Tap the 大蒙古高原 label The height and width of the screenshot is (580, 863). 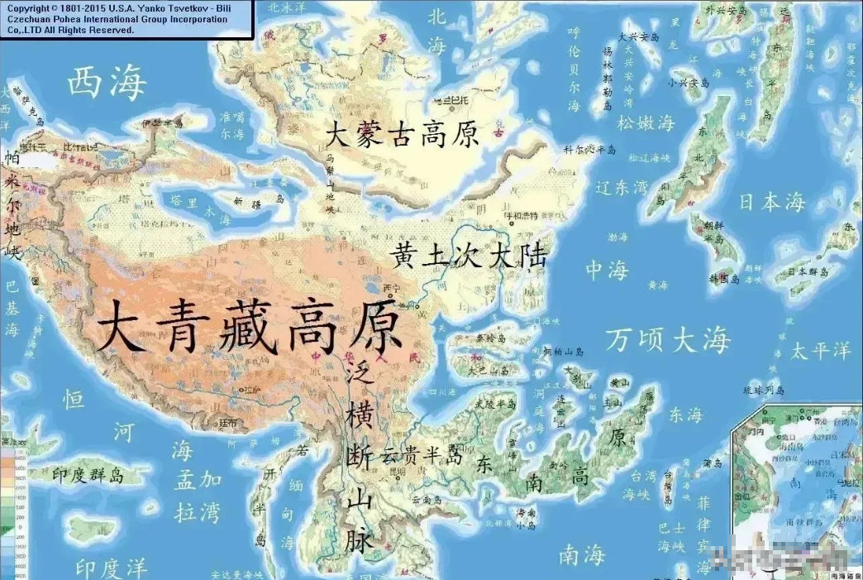tap(402, 134)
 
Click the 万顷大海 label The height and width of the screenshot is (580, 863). tap(668, 338)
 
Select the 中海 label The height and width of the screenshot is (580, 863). tap(608, 270)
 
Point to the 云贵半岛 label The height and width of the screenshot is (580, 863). tap(422, 454)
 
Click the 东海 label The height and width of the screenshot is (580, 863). tap(684, 414)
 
